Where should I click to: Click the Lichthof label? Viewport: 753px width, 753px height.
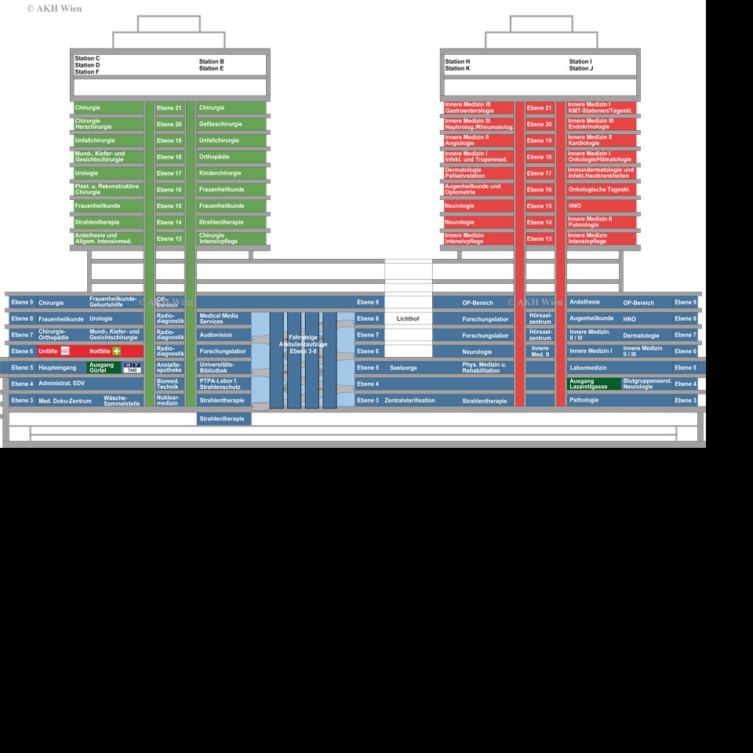point(408,318)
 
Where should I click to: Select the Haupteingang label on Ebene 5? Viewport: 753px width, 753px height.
point(57,368)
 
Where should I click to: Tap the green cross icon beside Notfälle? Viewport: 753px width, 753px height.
point(117,351)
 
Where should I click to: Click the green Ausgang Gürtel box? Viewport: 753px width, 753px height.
point(103,367)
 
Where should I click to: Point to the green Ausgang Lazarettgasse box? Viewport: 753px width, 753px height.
point(593,384)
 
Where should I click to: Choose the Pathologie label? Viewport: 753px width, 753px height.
point(584,400)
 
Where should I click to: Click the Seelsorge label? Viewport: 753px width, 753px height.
point(403,368)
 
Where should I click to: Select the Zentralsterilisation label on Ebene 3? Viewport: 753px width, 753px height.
point(409,401)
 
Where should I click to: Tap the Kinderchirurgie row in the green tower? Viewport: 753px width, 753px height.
point(231,173)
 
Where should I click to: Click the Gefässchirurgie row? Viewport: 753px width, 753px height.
point(231,124)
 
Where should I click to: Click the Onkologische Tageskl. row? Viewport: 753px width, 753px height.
point(601,189)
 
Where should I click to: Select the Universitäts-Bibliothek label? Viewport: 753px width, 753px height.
point(223,367)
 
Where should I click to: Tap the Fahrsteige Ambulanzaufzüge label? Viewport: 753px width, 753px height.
point(303,344)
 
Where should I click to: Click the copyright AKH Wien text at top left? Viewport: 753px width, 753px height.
point(54,9)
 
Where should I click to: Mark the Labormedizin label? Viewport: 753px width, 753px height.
point(589,368)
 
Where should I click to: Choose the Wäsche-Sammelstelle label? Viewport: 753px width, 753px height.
point(122,400)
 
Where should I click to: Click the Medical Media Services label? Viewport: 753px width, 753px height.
point(223,318)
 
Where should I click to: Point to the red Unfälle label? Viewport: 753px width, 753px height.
point(49,351)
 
